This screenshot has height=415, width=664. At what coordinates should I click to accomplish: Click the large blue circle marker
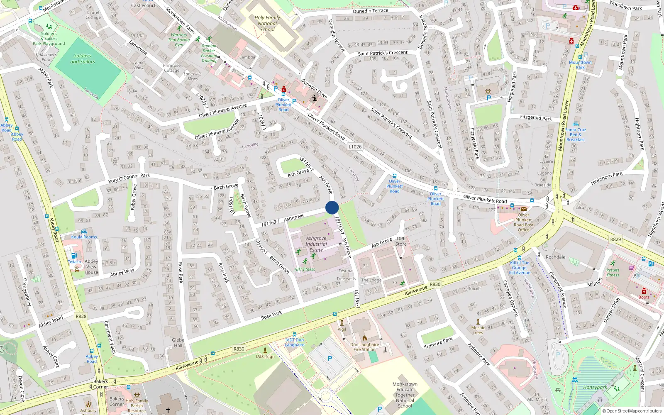click(332, 207)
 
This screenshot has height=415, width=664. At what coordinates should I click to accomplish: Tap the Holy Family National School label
click(267, 24)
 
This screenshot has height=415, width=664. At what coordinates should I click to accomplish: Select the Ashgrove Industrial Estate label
click(316, 244)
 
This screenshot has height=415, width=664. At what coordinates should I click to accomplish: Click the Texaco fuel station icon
click(74, 256)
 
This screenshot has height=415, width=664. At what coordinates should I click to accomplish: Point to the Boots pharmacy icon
click(644, 291)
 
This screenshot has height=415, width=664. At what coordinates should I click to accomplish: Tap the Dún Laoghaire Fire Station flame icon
click(364, 338)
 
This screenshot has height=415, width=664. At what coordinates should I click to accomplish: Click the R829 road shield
click(615, 239)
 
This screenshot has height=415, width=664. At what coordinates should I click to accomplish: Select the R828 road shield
click(81, 316)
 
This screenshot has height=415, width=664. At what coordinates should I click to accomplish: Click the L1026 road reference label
click(355, 146)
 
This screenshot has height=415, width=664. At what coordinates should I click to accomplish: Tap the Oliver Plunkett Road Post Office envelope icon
click(524, 209)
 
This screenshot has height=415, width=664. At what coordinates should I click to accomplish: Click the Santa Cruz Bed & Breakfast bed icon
click(575, 124)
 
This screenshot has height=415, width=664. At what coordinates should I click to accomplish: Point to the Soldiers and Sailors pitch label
click(83, 59)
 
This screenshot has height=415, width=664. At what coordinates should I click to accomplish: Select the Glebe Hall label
click(178, 342)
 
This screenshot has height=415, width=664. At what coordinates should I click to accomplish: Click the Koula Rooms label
click(84, 237)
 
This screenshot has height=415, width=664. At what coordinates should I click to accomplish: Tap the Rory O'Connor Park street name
click(129, 178)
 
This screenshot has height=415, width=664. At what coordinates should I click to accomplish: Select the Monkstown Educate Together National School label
click(405, 395)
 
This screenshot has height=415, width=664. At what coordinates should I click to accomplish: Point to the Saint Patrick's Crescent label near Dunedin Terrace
click(383, 53)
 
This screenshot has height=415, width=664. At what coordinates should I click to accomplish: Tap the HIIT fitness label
click(305, 269)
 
